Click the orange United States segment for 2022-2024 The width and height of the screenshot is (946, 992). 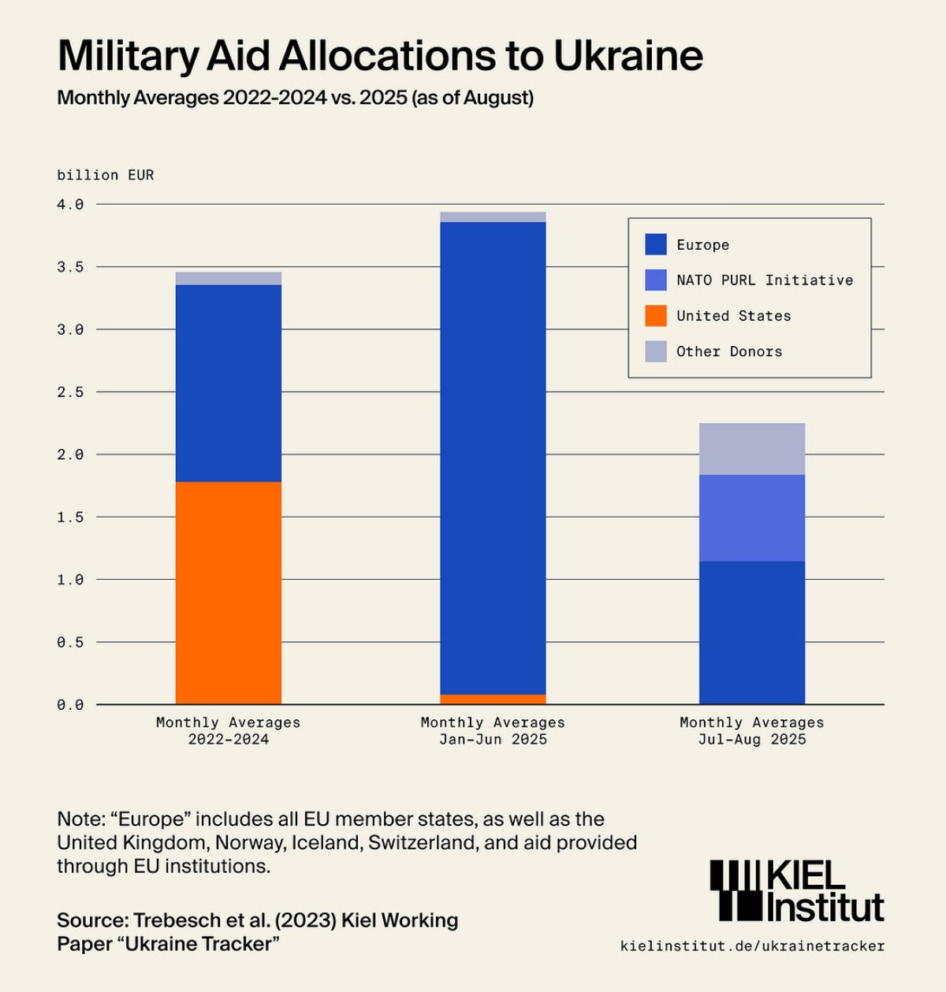229,593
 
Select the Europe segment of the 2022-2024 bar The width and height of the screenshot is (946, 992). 229,383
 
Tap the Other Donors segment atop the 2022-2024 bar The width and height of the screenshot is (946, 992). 229,278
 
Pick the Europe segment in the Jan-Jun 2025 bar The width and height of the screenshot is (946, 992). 493,457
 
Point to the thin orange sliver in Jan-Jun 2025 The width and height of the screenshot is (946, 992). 493,699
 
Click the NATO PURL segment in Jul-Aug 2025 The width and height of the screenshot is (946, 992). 752,518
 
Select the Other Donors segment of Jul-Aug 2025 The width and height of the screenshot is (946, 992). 752,449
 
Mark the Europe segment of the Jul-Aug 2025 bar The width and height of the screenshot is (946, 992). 752,633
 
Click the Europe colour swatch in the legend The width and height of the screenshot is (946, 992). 656,244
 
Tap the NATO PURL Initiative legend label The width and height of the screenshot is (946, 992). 765,281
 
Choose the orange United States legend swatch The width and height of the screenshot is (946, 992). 656,316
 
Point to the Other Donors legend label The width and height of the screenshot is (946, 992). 729,351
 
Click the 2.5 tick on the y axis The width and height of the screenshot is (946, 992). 70,392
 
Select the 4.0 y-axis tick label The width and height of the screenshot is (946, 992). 70,205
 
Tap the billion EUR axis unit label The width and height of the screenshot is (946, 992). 106,175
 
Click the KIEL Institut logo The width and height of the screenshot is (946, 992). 797,890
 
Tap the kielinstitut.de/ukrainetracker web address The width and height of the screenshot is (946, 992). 752,946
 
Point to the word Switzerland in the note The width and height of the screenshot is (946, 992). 422,842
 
